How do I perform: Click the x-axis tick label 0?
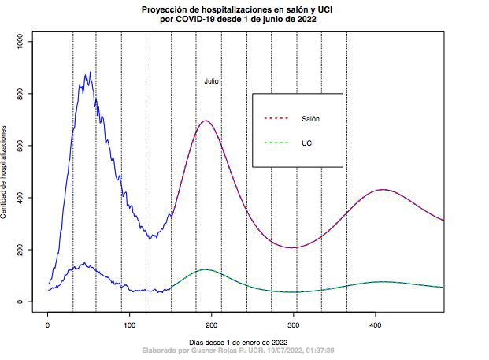click(x=48, y=324)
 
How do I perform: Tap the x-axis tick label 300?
click(x=294, y=324)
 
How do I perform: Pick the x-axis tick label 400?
click(x=376, y=324)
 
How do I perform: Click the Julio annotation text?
click(x=211, y=81)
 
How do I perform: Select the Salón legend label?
click(x=310, y=119)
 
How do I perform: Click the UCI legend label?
click(x=308, y=143)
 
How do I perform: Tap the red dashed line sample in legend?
click(x=277, y=119)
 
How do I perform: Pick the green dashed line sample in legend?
click(x=277, y=143)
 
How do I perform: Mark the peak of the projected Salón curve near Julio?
click(x=206, y=121)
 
